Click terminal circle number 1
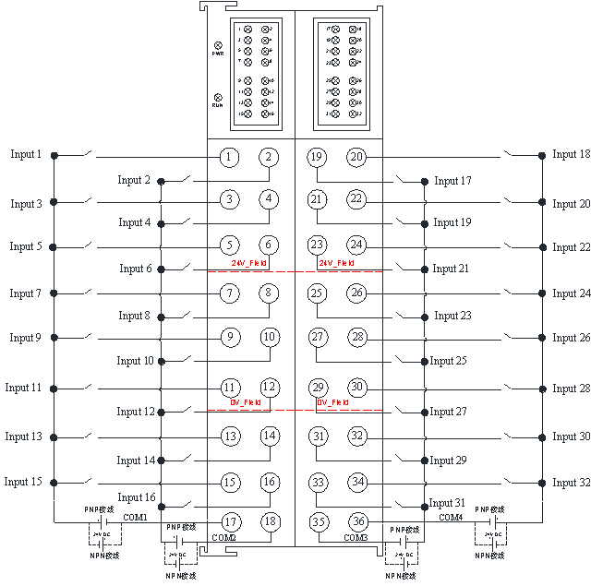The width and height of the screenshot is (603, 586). tap(230, 157)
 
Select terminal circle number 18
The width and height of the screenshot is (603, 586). tap(269, 521)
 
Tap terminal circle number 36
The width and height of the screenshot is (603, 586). tap(357, 521)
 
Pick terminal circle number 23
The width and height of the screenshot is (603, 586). tap(317, 245)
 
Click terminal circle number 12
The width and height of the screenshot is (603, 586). tap(269, 388)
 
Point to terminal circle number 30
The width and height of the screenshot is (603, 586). tap(357, 388)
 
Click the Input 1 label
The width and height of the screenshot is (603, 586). tap(26, 154)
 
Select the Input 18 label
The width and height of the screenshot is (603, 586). tap(572, 154)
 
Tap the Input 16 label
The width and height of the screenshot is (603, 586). tap(136, 497)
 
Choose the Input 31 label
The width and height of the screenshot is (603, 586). tap(448, 503)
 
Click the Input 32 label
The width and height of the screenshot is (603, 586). tap(572, 483)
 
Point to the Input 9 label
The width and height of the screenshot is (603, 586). tap(26, 338)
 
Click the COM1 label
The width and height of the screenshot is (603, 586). tap(135, 517)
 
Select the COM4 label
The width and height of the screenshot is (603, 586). tap(451, 518)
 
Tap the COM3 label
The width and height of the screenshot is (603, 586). tap(356, 537)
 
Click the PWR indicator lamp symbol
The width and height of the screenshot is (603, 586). tap(218, 45)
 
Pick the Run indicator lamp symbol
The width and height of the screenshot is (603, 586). tap(218, 97)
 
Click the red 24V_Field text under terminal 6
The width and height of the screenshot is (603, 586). tap(249, 264)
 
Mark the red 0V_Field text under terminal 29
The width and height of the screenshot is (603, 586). tap(332, 402)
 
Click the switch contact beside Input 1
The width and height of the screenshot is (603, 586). tap(87, 152)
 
